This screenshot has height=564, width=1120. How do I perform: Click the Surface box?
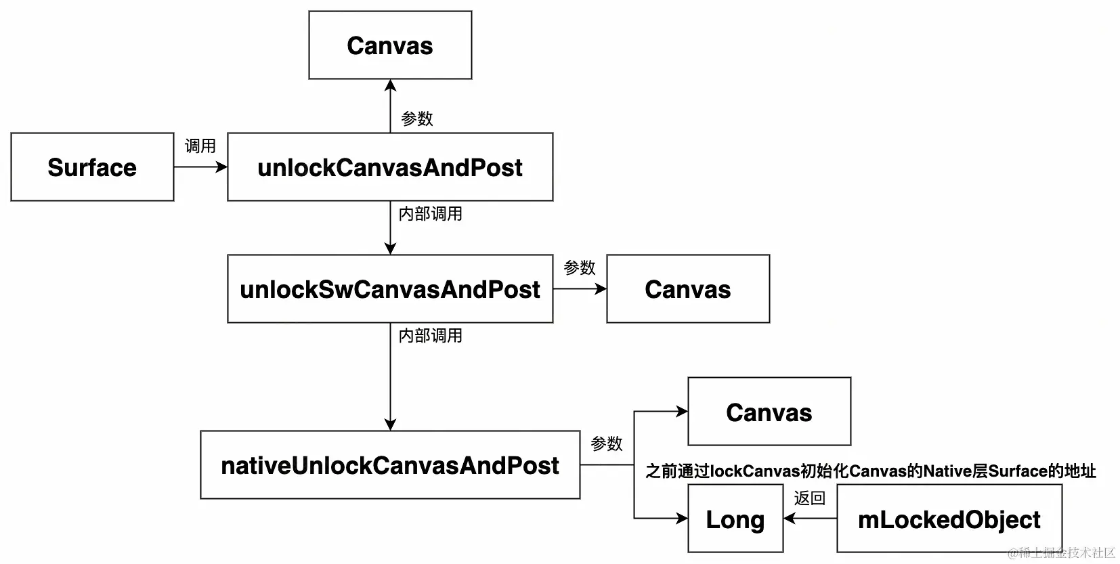pyautogui.click(x=92, y=167)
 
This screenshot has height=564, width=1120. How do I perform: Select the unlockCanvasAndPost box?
pyautogui.click(x=390, y=167)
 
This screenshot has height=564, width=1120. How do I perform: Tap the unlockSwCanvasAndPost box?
pyautogui.click(x=390, y=289)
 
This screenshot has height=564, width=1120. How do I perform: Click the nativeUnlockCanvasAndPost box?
pyautogui.click(x=390, y=465)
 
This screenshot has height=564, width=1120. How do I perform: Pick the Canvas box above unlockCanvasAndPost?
pyautogui.click(x=390, y=45)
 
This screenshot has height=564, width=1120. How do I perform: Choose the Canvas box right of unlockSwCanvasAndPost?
pyautogui.click(x=688, y=289)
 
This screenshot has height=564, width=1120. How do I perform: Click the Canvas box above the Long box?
pyautogui.click(x=769, y=412)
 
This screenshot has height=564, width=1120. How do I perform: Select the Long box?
pyautogui.click(x=735, y=519)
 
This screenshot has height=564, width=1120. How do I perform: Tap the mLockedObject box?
pyautogui.click(x=949, y=519)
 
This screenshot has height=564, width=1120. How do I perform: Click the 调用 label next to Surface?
pyautogui.click(x=200, y=146)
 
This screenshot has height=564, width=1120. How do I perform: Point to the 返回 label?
pyautogui.click(x=810, y=498)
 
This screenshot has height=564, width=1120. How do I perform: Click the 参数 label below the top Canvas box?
pyautogui.click(x=417, y=118)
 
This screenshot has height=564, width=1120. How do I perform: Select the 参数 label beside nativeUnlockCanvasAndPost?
pyautogui.click(x=607, y=443)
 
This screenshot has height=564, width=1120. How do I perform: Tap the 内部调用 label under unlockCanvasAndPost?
pyautogui.click(x=431, y=214)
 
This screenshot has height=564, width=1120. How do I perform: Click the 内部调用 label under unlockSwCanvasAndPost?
pyautogui.click(x=431, y=336)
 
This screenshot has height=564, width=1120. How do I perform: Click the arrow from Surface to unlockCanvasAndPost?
pyautogui.click(x=200, y=167)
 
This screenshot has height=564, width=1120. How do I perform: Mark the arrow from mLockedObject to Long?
pyautogui.click(x=810, y=519)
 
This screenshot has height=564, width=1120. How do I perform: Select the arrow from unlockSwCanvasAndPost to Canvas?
pyautogui.click(x=580, y=289)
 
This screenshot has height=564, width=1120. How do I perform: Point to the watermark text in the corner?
pyautogui.click(x=1061, y=553)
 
